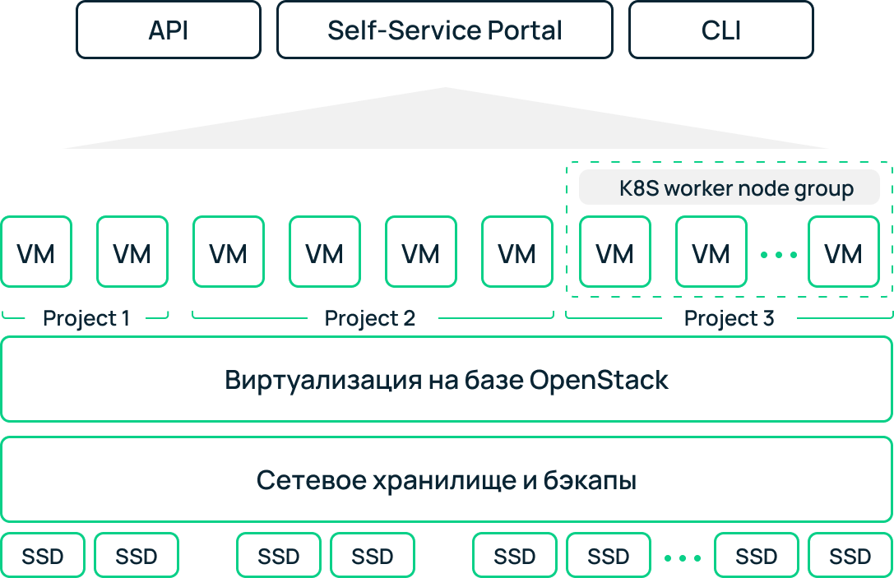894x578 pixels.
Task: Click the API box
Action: pyautogui.click(x=169, y=30)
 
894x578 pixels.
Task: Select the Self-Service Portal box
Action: pyautogui.click(x=445, y=30)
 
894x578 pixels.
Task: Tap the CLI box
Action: pyautogui.click(x=721, y=30)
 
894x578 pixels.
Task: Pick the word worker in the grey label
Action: pyautogui.click(x=706, y=188)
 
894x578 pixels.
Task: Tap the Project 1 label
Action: pyautogui.click(x=86, y=318)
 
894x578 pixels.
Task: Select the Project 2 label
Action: pyautogui.click(x=369, y=318)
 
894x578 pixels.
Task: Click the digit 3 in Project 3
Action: pyautogui.click(x=768, y=318)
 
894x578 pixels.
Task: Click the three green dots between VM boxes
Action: pyautogui.click(x=778, y=255)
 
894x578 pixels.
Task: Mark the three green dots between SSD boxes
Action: pyautogui.click(x=683, y=558)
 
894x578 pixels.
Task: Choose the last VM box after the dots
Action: pyautogui.click(x=844, y=252)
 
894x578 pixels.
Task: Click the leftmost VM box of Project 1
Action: pyautogui.click(x=36, y=252)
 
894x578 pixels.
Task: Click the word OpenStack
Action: pyautogui.click(x=599, y=380)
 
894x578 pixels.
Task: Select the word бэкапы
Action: pyautogui.click(x=590, y=480)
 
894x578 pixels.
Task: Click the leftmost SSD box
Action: pyautogui.click(x=43, y=555)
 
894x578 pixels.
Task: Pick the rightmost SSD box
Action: pyautogui.click(x=850, y=555)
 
